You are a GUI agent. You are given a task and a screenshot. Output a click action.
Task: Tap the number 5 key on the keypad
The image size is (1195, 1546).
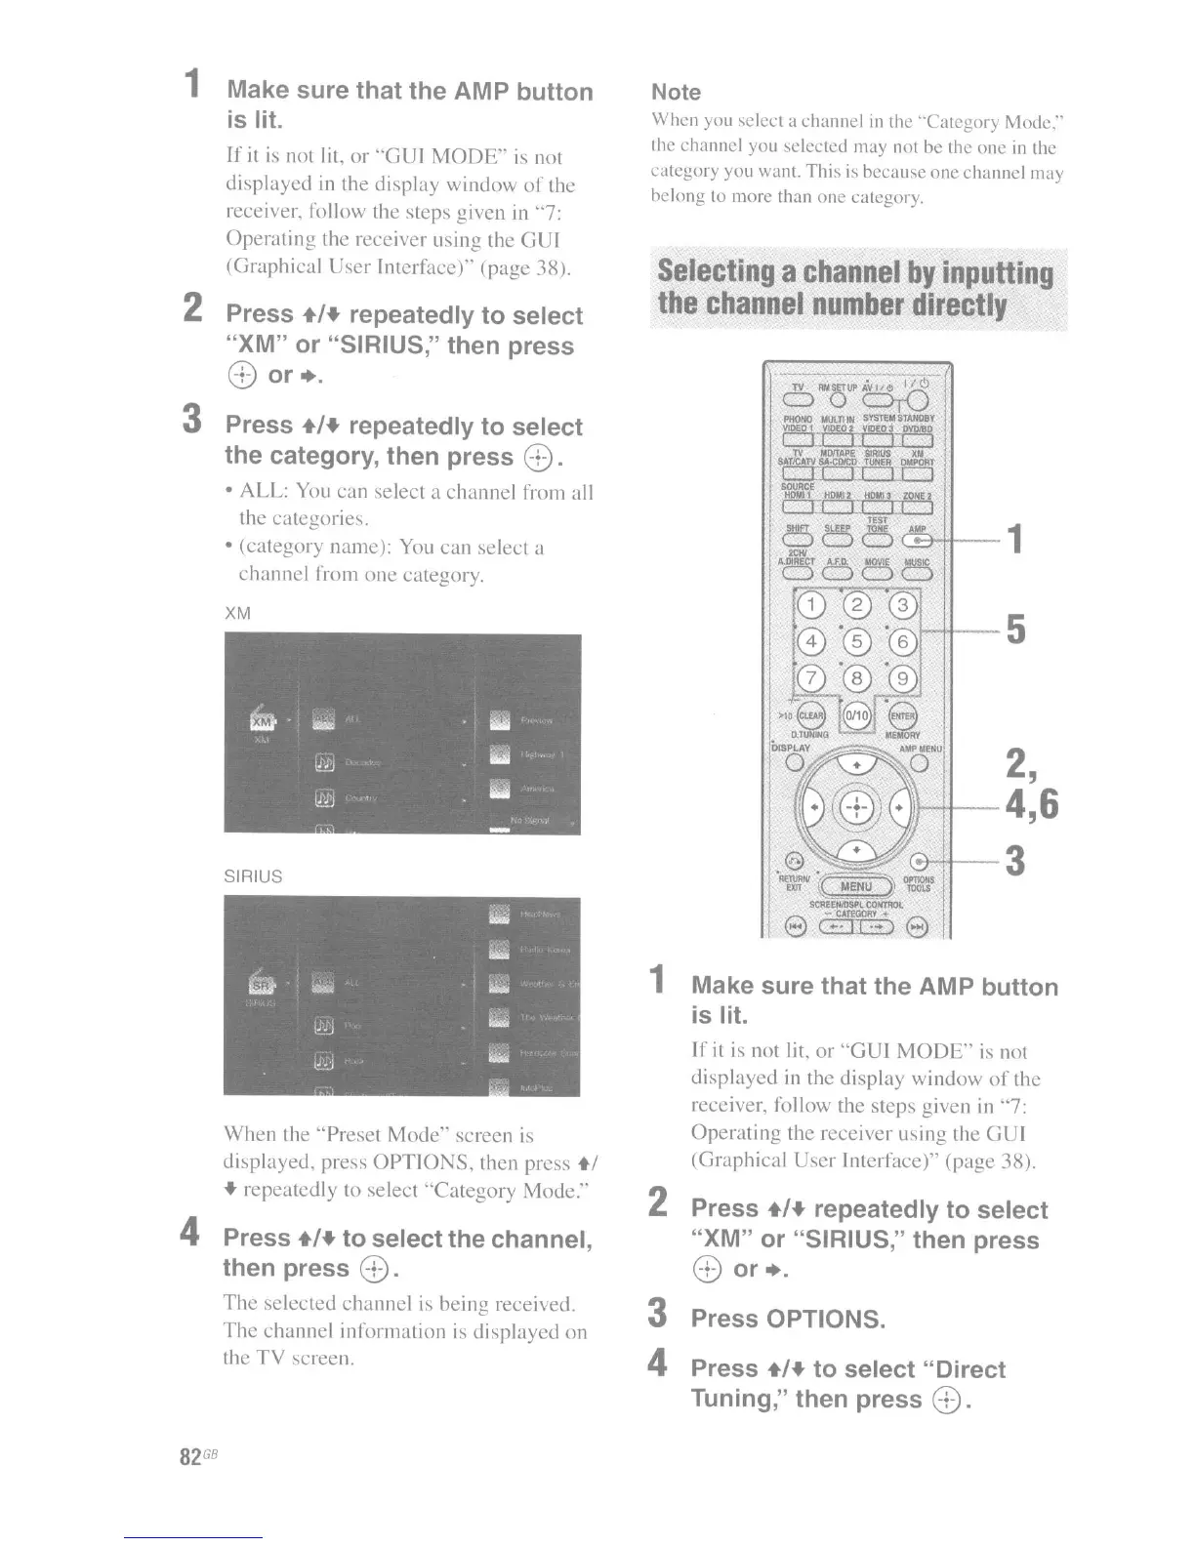point(857,641)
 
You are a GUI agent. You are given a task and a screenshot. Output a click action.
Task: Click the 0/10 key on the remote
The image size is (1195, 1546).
point(856,714)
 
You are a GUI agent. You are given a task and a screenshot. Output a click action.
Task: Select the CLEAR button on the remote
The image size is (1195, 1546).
point(811,714)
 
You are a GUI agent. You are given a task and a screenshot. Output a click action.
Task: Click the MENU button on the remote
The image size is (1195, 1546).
point(856,886)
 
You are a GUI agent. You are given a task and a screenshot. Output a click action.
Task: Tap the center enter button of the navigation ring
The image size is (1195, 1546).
point(855,807)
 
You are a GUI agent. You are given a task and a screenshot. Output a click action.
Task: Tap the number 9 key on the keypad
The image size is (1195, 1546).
point(902,677)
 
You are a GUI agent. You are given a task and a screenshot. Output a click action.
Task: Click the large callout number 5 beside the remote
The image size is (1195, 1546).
point(1015,630)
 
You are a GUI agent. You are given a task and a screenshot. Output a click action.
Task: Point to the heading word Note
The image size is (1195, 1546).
point(676,92)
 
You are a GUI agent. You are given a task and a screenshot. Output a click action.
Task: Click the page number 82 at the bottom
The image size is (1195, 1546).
point(190,1456)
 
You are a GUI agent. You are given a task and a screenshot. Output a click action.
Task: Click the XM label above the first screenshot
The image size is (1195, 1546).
point(237,613)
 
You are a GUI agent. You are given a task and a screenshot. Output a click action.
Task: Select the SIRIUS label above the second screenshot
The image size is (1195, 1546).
point(253,876)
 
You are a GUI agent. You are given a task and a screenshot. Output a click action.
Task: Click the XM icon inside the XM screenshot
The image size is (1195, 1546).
point(262,722)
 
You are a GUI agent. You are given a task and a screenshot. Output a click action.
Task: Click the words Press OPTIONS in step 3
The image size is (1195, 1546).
point(787,1319)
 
